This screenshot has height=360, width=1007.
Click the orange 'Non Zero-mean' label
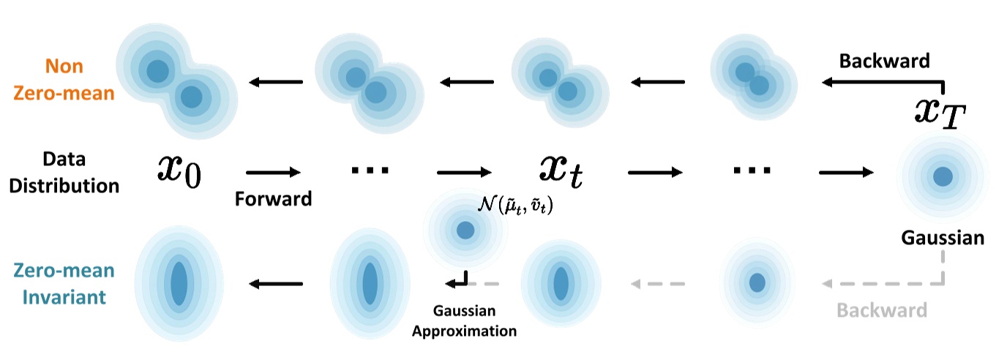coord(64,79)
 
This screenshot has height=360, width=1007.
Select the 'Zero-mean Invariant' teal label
coord(63,284)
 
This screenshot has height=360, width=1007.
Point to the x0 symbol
coord(180,170)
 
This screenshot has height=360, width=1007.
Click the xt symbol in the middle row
coord(561,171)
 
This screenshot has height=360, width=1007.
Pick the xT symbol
coord(944,113)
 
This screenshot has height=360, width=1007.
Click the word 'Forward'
coord(273,198)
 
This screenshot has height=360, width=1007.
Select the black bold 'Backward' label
coord(884,61)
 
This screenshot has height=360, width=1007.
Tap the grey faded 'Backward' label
coord(882,310)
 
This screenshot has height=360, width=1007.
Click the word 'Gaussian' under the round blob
coord(943,238)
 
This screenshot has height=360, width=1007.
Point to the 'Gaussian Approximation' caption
coord(464,320)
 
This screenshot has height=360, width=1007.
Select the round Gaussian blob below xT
coord(943,176)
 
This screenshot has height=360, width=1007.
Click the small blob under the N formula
coord(465,230)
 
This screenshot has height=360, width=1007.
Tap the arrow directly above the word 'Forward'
coord(273,173)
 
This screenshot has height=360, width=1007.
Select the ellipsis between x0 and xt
coord(370,170)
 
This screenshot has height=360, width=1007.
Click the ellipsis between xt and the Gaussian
coord(752,170)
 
